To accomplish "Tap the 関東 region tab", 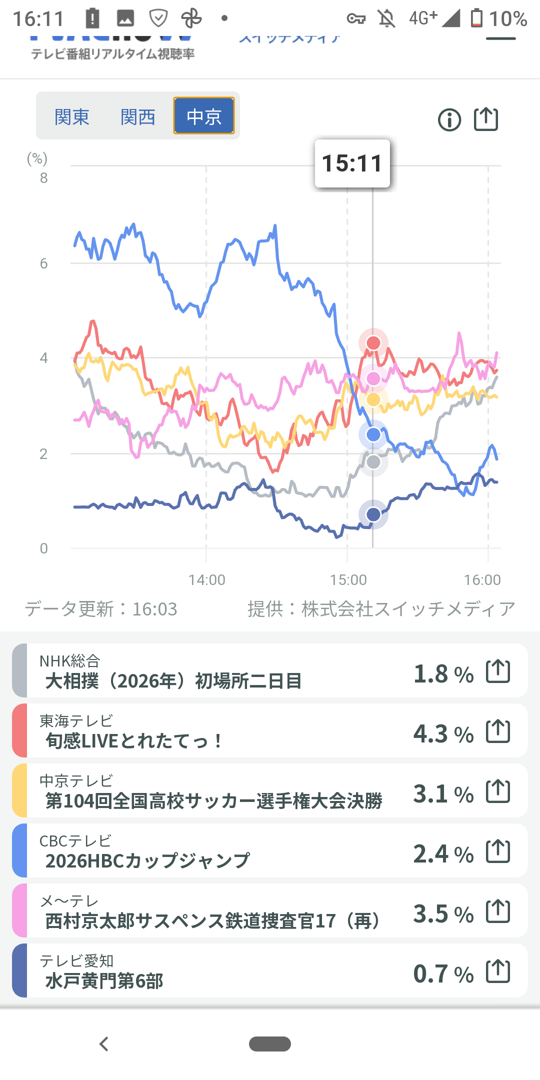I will [x=72, y=117].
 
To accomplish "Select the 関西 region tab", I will [x=138, y=117].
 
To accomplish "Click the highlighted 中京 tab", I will [x=204, y=116].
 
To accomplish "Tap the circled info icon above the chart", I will [x=449, y=120].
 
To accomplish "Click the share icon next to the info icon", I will [x=486, y=119].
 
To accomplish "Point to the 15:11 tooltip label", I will [x=352, y=163].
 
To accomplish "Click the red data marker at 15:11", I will [x=373, y=342].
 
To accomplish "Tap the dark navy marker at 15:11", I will [x=373, y=514].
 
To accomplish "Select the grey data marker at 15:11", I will [x=373, y=462].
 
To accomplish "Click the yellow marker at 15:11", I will [x=373, y=399].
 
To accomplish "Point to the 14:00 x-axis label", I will [x=206, y=580].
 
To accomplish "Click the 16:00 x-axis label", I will [x=482, y=580].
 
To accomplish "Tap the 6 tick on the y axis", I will [x=44, y=263].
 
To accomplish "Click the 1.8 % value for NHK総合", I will [x=443, y=674].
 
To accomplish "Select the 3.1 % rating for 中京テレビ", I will [x=443, y=794].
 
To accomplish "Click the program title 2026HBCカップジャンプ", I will [x=147, y=860].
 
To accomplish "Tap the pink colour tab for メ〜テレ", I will [x=19, y=910].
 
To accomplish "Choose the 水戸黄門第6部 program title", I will [x=104, y=980].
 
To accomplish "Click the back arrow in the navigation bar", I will [x=104, y=1044].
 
